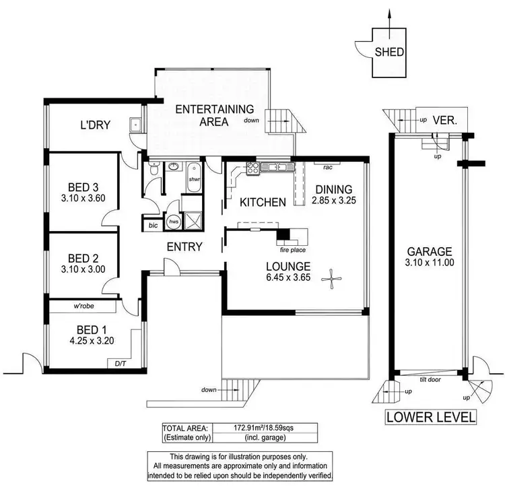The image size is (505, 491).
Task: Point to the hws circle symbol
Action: click(174, 221)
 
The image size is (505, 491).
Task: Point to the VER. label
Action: click(444, 121)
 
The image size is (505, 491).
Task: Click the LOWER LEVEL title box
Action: click(430, 417)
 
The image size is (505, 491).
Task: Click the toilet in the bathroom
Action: click(154, 172)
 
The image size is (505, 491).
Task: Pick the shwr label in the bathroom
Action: click(195, 179)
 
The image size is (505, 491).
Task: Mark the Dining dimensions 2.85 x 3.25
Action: click(335, 199)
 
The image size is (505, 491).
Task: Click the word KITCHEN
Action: click(263, 202)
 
